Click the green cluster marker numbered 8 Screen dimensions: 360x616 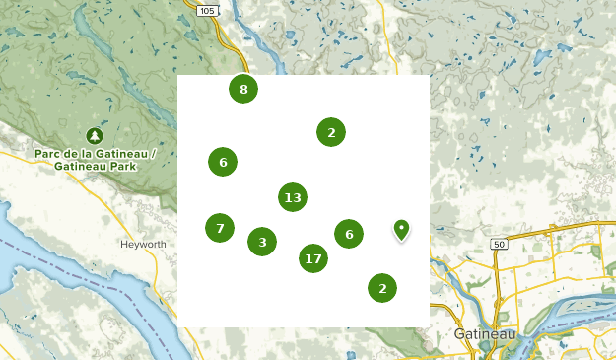click(243, 89)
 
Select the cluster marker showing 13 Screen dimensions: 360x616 click(292, 197)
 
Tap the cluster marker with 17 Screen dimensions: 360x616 click(313, 258)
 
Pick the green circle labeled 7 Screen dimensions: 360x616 click(220, 228)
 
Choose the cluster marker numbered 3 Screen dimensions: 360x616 click(262, 241)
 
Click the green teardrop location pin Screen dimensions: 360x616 click(401, 230)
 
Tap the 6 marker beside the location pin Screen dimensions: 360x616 click(348, 234)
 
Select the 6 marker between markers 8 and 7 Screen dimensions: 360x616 click(223, 162)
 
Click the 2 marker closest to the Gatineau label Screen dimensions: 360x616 click(382, 287)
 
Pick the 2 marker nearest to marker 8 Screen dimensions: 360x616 click(331, 131)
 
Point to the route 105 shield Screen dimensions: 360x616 click(206, 10)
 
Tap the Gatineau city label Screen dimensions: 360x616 click(485, 334)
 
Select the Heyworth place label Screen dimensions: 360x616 click(143, 244)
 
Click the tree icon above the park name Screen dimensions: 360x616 click(95, 135)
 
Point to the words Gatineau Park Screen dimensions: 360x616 click(97, 167)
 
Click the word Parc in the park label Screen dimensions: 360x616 click(48, 154)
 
